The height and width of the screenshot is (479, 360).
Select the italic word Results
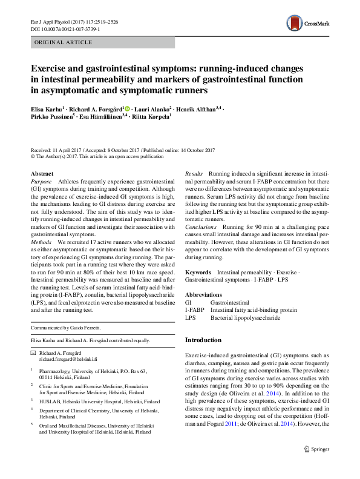[194, 174]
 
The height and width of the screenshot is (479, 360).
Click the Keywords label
[198, 273]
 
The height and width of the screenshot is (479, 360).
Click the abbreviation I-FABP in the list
[194, 309]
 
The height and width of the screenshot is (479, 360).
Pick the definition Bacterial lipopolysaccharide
[245, 317]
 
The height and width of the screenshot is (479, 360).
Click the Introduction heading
[203, 340]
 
